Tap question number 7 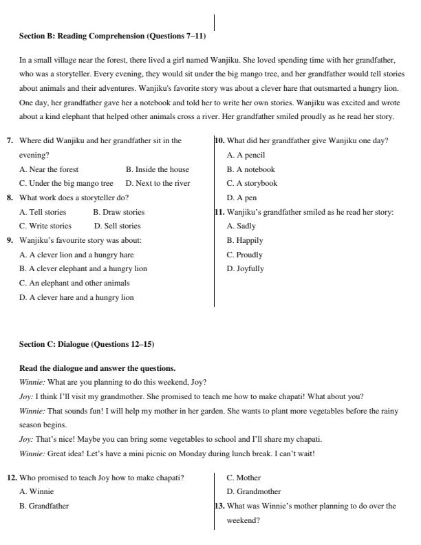[x=10, y=141]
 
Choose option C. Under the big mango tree [x=66, y=184]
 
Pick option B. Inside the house [x=157, y=169]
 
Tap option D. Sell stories [x=117, y=226]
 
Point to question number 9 [x=10, y=240]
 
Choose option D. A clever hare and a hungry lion [x=76, y=297]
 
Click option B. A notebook [x=250, y=169]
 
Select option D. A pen [x=241, y=197]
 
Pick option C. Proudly [x=244, y=255]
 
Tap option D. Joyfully [x=245, y=269]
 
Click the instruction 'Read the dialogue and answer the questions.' [x=97, y=368]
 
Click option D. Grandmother [x=253, y=492]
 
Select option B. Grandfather [x=44, y=506]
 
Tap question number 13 [x=219, y=506]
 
